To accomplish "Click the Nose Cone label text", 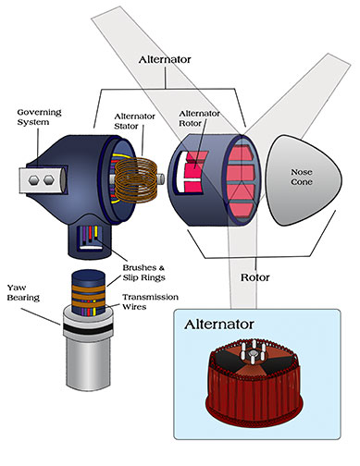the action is (x=302, y=177).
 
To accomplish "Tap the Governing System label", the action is (x=39, y=117).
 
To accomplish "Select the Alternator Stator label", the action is (x=134, y=121).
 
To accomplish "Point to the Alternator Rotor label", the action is (x=199, y=118).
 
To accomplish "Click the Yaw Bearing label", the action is (x=23, y=292).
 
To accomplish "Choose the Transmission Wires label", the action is (x=150, y=301).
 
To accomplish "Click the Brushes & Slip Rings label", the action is (x=143, y=273).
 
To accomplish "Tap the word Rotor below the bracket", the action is (x=255, y=277).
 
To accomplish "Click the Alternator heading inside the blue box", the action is (x=219, y=325).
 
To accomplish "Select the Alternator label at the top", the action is (x=165, y=59).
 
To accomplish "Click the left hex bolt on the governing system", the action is (x=33, y=179).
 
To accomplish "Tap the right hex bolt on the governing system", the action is (x=49, y=179).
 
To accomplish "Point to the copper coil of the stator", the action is (x=136, y=180).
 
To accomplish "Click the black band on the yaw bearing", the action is (x=89, y=328).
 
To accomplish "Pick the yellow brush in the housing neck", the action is (x=96, y=233).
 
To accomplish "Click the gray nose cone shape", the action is (x=304, y=180).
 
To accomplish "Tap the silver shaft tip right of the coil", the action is (x=160, y=179).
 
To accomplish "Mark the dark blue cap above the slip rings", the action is (x=89, y=277).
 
